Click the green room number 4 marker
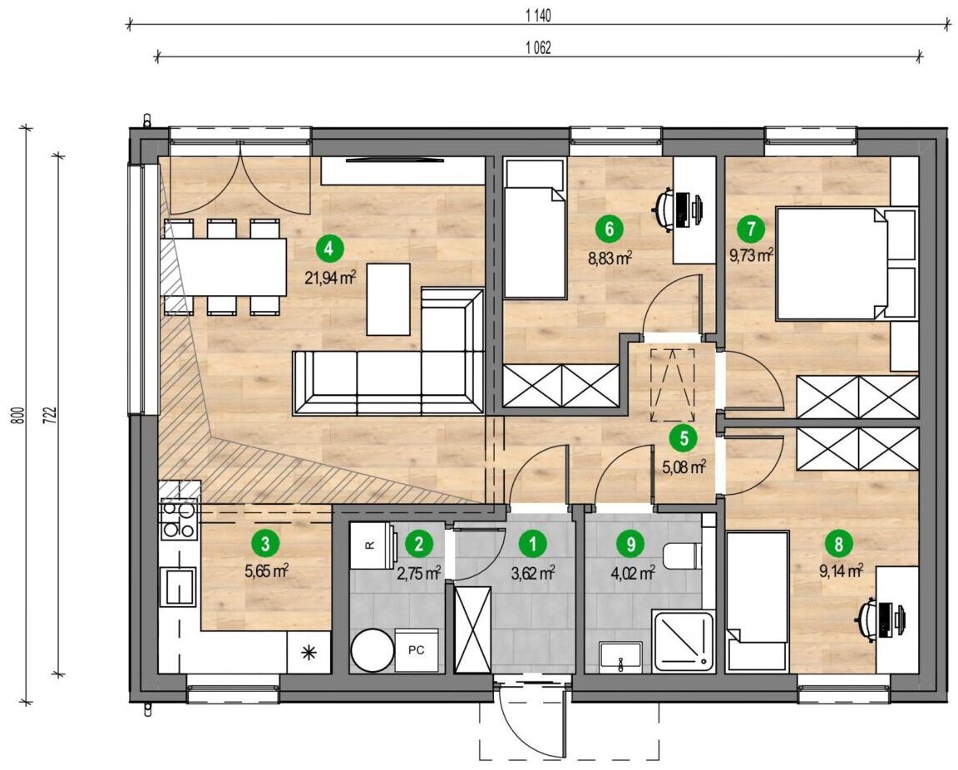[330, 249]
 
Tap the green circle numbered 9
[631, 543]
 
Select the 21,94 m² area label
[330, 278]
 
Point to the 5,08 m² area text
[684, 467]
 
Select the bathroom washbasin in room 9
[620, 656]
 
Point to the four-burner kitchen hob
[179, 520]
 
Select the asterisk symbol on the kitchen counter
[309, 653]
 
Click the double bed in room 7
[847, 264]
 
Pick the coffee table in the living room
[388, 299]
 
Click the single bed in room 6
[534, 230]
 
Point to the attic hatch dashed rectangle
[672, 385]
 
